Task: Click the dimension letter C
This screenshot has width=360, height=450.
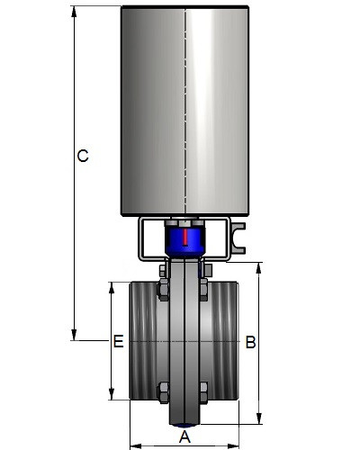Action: click(x=83, y=156)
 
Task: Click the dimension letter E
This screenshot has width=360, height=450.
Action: click(x=119, y=341)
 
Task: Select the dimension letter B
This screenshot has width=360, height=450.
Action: click(x=250, y=342)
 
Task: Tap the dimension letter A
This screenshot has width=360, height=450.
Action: click(x=184, y=436)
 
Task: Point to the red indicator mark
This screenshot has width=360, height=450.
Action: click(x=185, y=238)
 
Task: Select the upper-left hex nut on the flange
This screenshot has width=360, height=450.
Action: click(x=163, y=290)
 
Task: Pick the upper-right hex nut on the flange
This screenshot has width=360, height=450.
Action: click(x=203, y=290)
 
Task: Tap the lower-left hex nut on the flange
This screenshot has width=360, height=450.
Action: click(x=163, y=392)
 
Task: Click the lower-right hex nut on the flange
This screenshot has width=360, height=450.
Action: click(x=203, y=392)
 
